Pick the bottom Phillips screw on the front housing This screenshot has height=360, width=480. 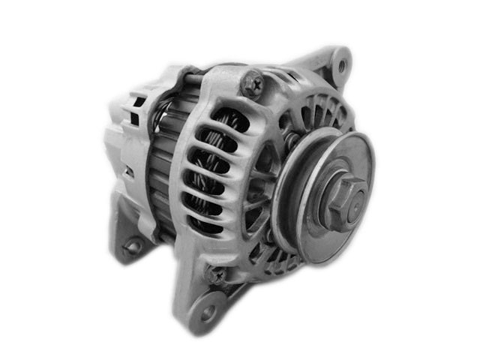pyautogui.click(x=217, y=274)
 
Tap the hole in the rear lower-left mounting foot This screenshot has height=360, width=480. pyautogui.click(x=133, y=246)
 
